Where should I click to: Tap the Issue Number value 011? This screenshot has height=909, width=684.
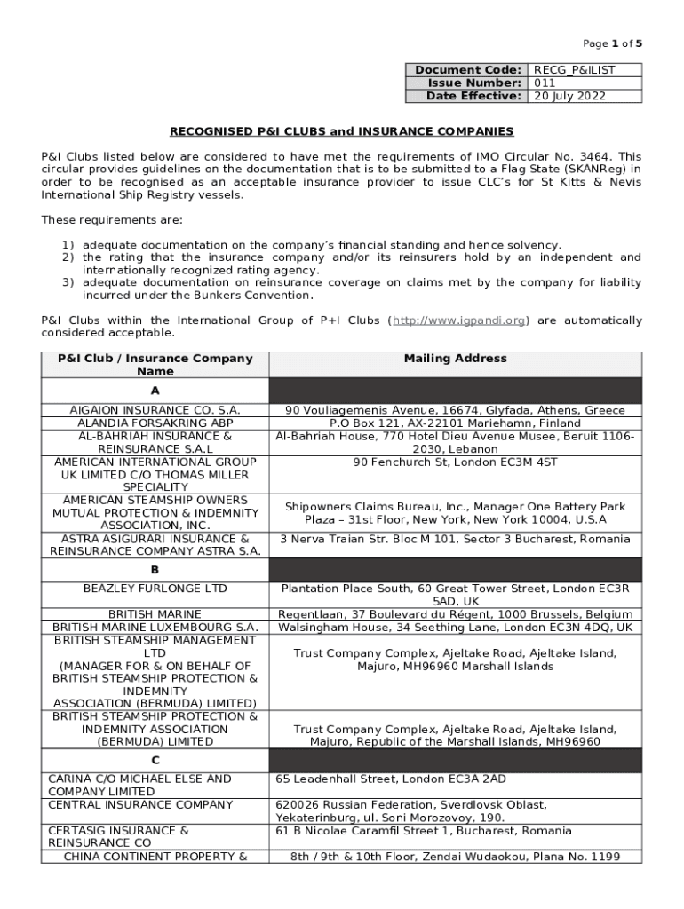tap(545, 83)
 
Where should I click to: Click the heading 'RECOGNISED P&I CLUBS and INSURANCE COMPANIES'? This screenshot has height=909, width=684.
tap(341, 131)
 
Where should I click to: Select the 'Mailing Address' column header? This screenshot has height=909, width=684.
tap(455, 359)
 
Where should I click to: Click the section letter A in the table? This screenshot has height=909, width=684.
tap(155, 391)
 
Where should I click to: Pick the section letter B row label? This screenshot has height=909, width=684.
tap(155, 570)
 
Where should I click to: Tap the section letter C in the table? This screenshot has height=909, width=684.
tap(155, 761)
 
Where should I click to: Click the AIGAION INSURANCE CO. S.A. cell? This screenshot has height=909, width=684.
tap(155, 411)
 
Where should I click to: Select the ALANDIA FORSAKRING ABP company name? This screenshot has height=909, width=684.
tap(155, 423)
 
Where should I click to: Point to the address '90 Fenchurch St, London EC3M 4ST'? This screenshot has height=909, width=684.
tap(455, 462)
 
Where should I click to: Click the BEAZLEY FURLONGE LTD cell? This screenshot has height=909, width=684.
tap(155, 589)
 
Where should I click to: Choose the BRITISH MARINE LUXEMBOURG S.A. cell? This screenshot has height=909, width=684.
tap(155, 628)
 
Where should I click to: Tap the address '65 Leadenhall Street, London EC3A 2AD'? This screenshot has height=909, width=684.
tap(391, 779)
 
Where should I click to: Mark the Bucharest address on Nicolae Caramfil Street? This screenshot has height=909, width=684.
tap(424, 831)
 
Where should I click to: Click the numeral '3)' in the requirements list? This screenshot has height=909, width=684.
tap(68, 282)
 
